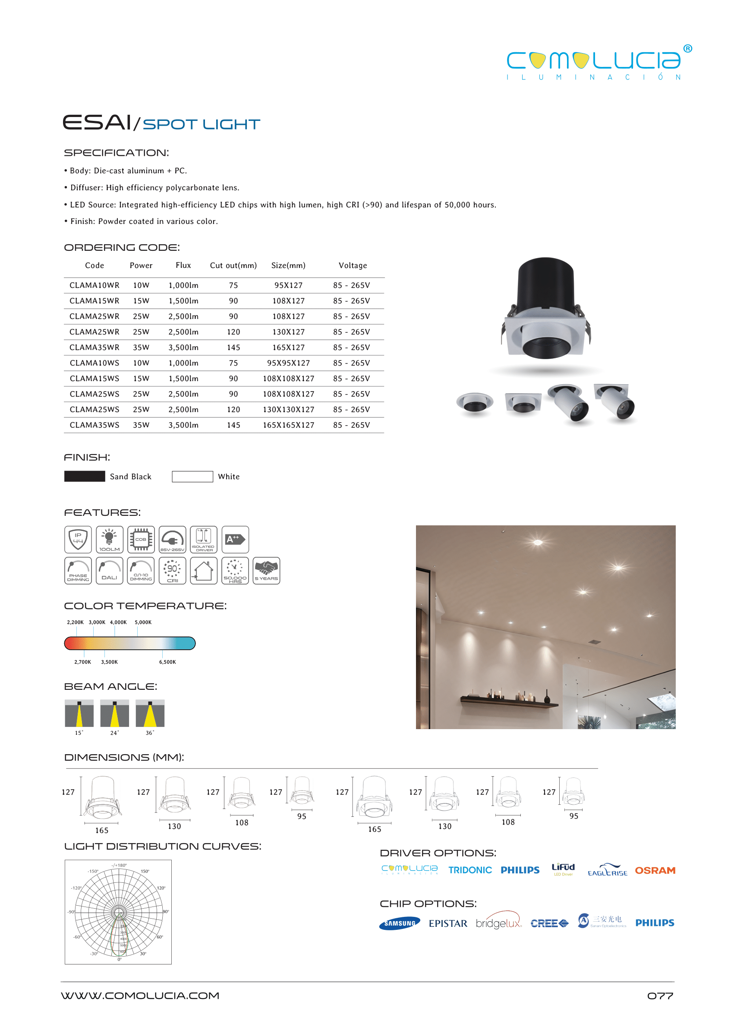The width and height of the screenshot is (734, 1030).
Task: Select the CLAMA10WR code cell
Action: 95,285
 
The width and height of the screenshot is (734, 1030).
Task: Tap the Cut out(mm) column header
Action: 233,265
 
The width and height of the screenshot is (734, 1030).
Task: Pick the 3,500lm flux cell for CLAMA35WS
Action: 183,425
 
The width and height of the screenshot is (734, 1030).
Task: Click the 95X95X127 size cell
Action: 288,363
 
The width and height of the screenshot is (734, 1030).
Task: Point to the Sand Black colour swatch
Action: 85,477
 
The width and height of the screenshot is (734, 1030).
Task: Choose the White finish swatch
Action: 192,477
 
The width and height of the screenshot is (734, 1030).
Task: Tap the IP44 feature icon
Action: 78,540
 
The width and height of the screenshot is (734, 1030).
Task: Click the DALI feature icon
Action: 109,571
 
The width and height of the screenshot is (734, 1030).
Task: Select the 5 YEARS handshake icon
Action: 266,571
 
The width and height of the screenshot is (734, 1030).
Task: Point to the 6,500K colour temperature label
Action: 167,662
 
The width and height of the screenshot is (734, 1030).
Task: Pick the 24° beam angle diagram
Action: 114,714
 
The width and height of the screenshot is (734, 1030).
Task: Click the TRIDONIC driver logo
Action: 469,870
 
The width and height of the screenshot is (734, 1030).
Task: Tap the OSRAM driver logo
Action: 655,870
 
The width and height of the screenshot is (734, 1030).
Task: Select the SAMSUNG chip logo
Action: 400,923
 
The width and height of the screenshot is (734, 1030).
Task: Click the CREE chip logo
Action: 549,923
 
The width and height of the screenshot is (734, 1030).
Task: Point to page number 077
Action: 660,995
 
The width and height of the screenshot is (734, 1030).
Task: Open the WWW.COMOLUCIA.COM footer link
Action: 140,995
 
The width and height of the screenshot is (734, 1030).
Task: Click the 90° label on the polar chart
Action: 166,912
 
